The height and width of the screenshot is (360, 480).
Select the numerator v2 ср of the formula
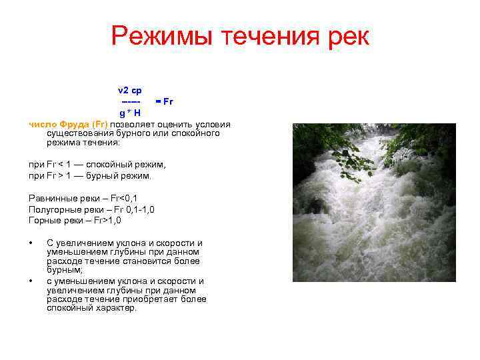pos(129,90)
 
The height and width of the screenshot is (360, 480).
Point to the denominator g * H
pos(129,113)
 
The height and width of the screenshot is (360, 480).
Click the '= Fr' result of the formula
pos(164,101)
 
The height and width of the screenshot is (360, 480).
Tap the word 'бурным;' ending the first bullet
pos(65,271)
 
